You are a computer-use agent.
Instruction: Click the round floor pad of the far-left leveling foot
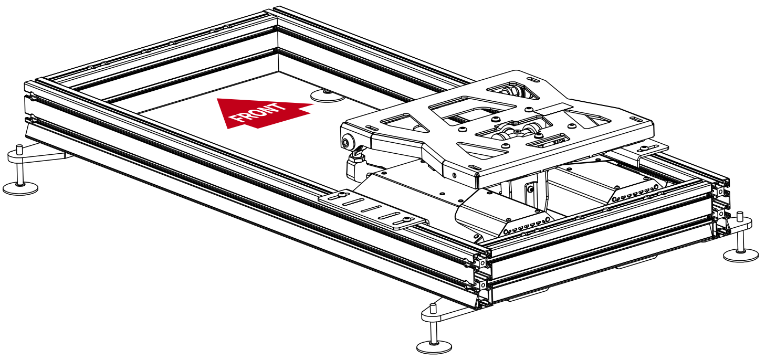(x=20, y=188)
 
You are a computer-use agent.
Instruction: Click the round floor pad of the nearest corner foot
(x=434, y=346)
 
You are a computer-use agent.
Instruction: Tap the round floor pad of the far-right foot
(x=741, y=256)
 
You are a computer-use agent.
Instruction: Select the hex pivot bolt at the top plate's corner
(x=347, y=142)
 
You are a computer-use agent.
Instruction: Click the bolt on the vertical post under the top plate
(x=531, y=189)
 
